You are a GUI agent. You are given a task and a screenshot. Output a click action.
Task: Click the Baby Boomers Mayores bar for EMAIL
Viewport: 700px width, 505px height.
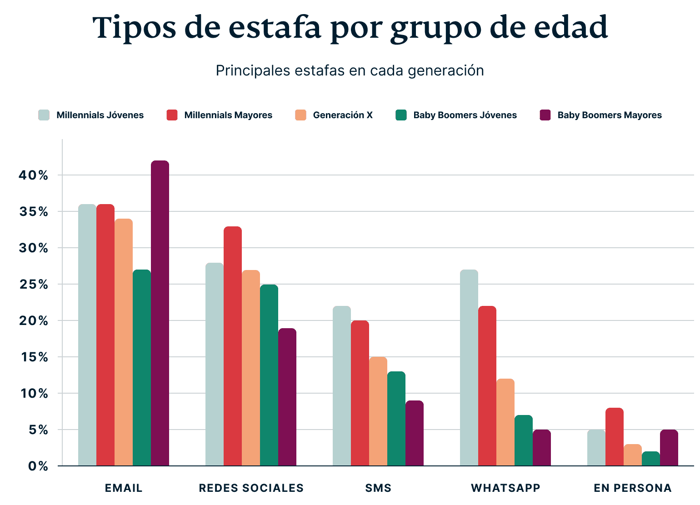pyautogui.click(x=160, y=313)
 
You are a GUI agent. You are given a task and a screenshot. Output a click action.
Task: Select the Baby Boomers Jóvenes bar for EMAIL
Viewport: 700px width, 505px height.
pyautogui.click(x=142, y=368)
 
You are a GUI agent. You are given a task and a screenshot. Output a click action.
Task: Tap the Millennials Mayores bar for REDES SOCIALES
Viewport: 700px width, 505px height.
pyautogui.click(x=233, y=346)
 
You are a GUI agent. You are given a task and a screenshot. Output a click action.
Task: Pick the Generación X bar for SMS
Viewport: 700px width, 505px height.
pyautogui.click(x=378, y=411)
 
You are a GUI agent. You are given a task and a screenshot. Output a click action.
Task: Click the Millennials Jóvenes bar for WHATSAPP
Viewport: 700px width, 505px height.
pyautogui.click(x=469, y=368)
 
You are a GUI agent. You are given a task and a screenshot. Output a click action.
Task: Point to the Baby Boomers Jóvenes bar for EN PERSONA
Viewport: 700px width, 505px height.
pyautogui.click(x=651, y=459)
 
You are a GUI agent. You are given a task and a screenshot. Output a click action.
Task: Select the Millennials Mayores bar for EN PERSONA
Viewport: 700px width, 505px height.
pyautogui.click(x=615, y=437)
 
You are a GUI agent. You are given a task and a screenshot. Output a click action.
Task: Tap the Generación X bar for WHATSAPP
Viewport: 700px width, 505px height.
pyautogui.click(x=505, y=422)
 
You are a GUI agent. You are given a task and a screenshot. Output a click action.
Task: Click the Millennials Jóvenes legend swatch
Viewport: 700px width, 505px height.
pyautogui.click(x=44, y=115)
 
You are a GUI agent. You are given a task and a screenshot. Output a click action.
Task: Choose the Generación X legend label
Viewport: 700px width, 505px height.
pyautogui.click(x=343, y=115)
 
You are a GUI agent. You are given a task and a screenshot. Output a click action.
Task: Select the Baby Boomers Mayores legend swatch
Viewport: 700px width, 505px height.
pyautogui.click(x=545, y=115)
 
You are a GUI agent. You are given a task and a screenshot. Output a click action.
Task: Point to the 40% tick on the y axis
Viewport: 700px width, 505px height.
pyautogui.click(x=33, y=175)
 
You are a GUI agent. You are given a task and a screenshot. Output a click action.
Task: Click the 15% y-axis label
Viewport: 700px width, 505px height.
pyautogui.click(x=33, y=357)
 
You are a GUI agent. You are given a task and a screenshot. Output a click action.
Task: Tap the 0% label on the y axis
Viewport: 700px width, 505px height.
pyautogui.click(x=38, y=466)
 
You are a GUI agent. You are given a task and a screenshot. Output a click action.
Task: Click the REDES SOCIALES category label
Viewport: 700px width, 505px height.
pyautogui.click(x=251, y=488)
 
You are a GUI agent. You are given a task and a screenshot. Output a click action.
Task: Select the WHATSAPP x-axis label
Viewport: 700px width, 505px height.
pyautogui.click(x=505, y=488)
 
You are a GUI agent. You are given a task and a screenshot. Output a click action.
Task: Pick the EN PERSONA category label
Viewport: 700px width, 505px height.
pyautogui.click(x=632, y=488)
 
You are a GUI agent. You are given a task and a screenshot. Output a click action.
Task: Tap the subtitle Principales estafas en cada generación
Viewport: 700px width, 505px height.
pyautogui.click(x=350, y=71)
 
